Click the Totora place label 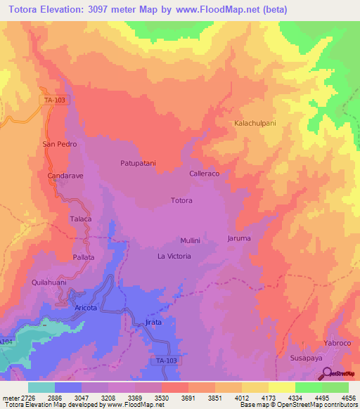pyautogui.click(x=181, y=201)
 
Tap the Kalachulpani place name pyautogui.click(x=255, y=123)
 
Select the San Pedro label pyautogui.click(x=59, y=144)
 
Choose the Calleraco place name pyautogui.click(x=205, y=173)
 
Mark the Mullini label pyautogui.click(x=190, y=240)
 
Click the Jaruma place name pyautogui.click(x=239, y=239)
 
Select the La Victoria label pyautogui.click(x=174, y=257)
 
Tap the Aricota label pyautogui.click(x=86, y=309)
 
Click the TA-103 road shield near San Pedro pyautogui.click(x=55, y=100)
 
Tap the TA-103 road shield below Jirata pyautogui.click(x=165, y=360)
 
